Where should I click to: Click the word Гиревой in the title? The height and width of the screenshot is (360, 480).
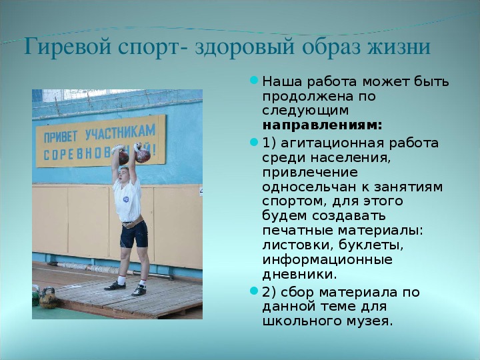(67, 47)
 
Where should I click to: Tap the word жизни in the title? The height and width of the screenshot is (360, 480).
(399, 47)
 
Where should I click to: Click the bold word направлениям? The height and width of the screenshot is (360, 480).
(323, 125)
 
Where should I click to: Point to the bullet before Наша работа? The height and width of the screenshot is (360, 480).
(254, 81)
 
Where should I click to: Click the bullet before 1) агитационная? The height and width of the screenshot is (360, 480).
(254, 142)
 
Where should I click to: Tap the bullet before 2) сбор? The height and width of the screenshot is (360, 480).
(254, 291)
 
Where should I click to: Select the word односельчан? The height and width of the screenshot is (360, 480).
(309, 187)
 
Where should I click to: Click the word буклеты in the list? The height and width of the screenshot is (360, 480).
(367, 245)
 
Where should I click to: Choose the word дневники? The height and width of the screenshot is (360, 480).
(299, 274)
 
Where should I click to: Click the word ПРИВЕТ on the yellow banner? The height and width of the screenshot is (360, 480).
(60, 137)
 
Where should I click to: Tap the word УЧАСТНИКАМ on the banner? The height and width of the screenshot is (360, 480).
(120, 132)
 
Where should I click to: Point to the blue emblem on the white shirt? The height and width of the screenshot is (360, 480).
(125, 199)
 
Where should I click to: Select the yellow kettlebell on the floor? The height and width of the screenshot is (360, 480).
(49, 298)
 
